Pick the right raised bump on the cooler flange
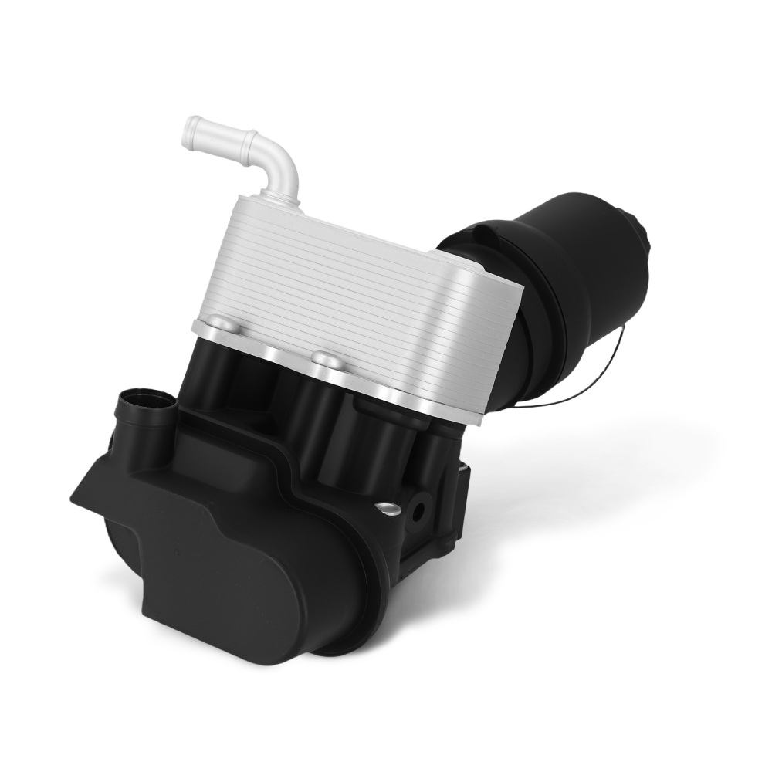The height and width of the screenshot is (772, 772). (x=325, y=358)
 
